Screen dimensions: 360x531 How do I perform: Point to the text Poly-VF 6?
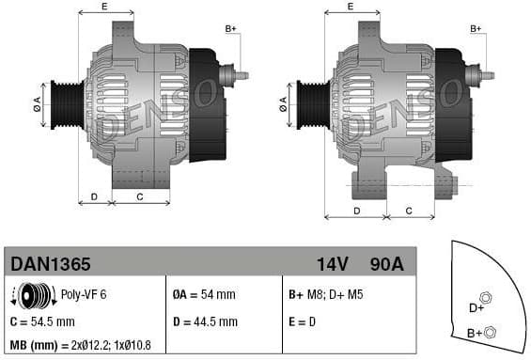pos(84,295)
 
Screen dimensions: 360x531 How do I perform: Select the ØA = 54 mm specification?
pos(205,295)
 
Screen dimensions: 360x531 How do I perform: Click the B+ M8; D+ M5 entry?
pos(325,295)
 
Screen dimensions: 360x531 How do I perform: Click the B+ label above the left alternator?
pos(231,30)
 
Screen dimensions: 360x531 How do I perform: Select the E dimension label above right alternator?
pos(351,8)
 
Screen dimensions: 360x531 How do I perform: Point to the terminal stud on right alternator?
pos(485,74)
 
